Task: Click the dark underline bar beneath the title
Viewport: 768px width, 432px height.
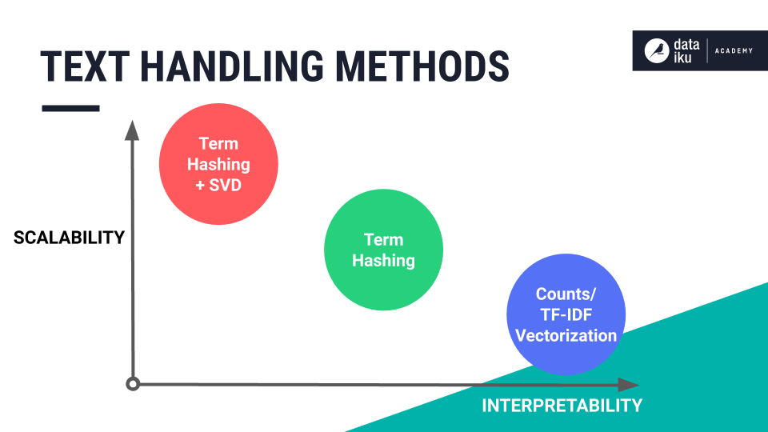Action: click(70, 108)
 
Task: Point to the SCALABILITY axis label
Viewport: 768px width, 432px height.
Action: click(69, 238)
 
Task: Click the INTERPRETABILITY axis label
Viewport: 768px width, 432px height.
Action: click(562, 406)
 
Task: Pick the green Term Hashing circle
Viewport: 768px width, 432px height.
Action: click(383, 250)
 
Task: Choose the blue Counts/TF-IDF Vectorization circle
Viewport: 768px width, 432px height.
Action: click(566, 314)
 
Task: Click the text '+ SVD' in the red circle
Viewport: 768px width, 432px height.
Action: click(218, 184)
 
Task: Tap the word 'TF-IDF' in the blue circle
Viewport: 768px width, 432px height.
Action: click(566, 314)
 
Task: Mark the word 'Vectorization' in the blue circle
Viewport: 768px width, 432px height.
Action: click(566, 335)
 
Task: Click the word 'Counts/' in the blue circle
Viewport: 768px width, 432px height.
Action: click(566, 294)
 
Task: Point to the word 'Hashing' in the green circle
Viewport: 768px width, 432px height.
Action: click(383, 261)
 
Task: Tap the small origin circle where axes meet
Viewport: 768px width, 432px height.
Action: click(134, 384)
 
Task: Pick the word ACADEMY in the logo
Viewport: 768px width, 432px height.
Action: click(734, 51)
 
